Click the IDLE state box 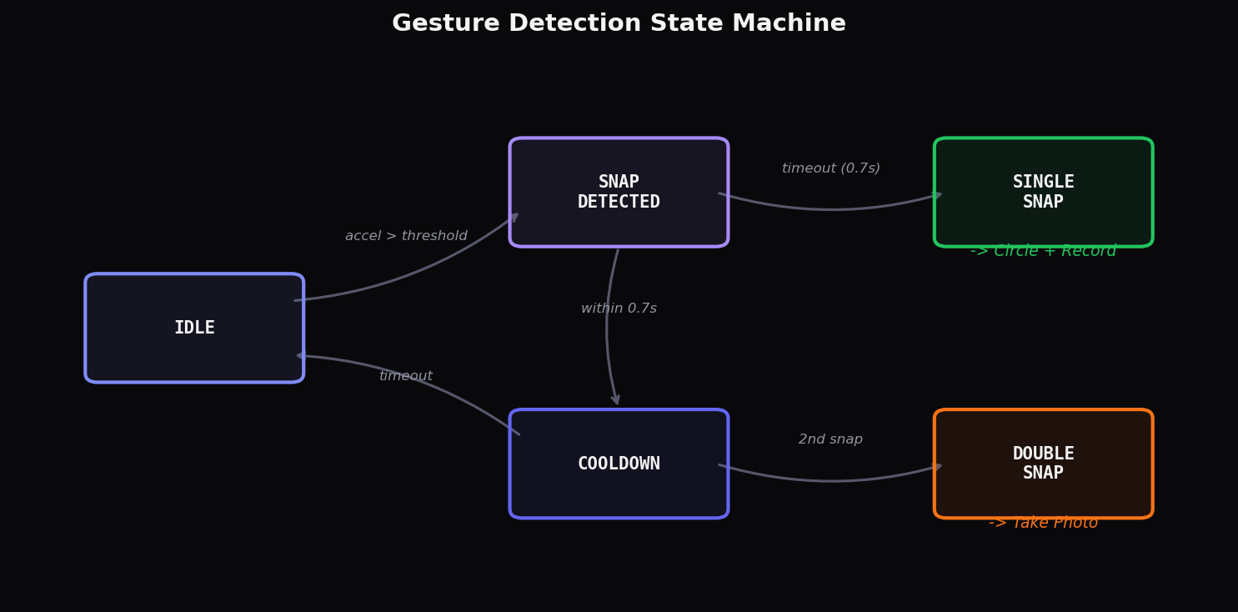point(194,328)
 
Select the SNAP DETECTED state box point(619,192)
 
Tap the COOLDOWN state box point(619,464)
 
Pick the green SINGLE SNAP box point(1043,192)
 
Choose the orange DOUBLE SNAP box point(1043,464)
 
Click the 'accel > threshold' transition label point(406,236)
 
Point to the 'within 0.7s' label point(619,309)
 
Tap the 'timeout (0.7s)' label point(830,168)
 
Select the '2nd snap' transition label point(830,439)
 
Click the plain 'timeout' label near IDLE point(406,376)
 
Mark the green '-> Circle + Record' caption point(1043,252)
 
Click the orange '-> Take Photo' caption point(1043,524)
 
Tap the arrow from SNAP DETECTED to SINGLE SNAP point(834,208)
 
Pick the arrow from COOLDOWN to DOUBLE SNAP point(834,480)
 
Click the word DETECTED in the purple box point(619,203)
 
